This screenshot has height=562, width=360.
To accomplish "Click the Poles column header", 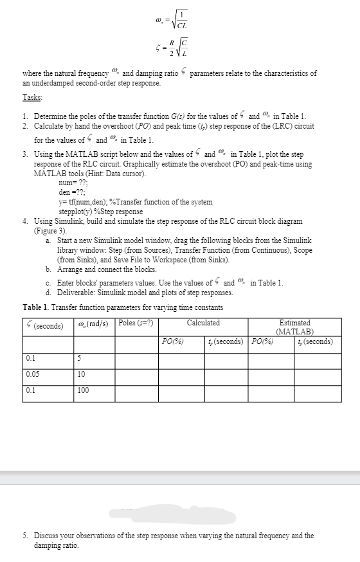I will click(136, 322).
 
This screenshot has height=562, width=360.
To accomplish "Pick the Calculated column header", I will click(203, 322).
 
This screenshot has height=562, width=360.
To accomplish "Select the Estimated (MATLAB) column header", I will click(295, 327).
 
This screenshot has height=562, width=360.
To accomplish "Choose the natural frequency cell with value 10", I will click(80, 374).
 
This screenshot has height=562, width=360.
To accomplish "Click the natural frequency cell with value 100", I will click(82, 390).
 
